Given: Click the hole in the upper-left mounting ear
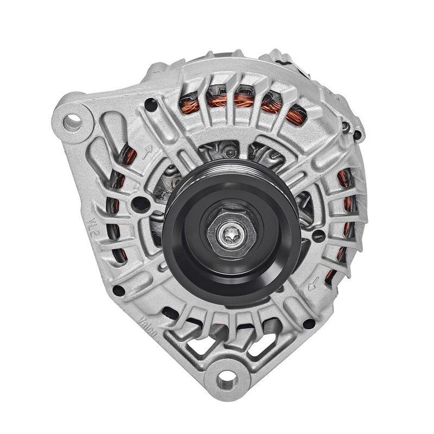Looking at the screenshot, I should click(72, 120).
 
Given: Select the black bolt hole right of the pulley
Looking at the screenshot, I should click(319, 235).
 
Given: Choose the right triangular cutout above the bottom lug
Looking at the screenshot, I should click(255, 347).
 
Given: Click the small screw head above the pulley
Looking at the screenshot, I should click(231, 153).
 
